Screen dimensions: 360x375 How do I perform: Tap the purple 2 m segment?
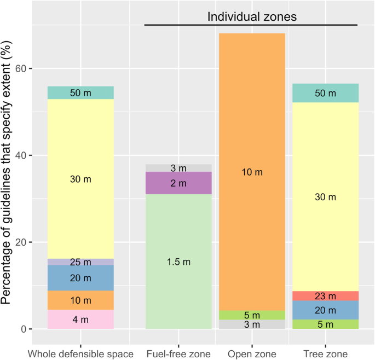point(178,183)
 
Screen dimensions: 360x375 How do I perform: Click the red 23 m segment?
point(325,296)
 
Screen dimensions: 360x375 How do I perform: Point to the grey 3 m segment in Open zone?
point(252,324)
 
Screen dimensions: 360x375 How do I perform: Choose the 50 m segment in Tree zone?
point(325,93)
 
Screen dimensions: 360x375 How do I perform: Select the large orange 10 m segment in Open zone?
point(252,172)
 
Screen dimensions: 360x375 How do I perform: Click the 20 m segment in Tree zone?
point(325,310)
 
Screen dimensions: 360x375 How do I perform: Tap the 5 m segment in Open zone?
point(252,315)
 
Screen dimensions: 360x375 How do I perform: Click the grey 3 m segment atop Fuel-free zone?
point(178,168)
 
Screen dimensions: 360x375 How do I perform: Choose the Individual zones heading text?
point(252,17)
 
